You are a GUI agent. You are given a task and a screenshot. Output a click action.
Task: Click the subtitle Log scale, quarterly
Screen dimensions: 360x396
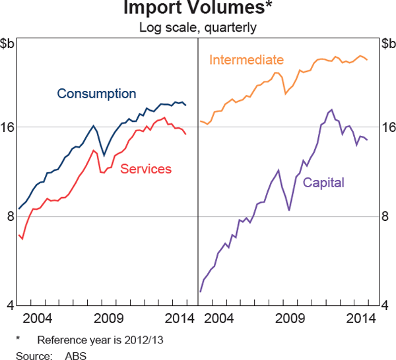(x=197, y=28)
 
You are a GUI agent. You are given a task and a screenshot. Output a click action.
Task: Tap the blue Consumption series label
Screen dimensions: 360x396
(x=96, y=94)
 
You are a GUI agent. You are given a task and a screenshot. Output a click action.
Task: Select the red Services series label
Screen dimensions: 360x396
(x=146, y=169)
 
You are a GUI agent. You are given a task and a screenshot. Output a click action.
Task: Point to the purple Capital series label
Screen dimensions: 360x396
(x=323, y=183)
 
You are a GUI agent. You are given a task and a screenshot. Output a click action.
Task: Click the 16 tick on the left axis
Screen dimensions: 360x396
(x=7, y=127)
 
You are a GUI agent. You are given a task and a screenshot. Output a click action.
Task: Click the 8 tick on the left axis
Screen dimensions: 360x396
(x=7, y=216)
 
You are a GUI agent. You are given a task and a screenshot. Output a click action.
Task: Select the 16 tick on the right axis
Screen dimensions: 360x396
(x=389, y=127)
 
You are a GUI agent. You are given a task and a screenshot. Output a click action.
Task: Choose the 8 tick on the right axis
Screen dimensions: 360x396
(x=389, y=216)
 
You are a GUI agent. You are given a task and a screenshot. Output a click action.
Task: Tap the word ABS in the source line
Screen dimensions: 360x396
(x=76, y=356)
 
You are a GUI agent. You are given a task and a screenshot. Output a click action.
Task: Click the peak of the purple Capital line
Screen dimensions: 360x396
(x=331, y=110)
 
